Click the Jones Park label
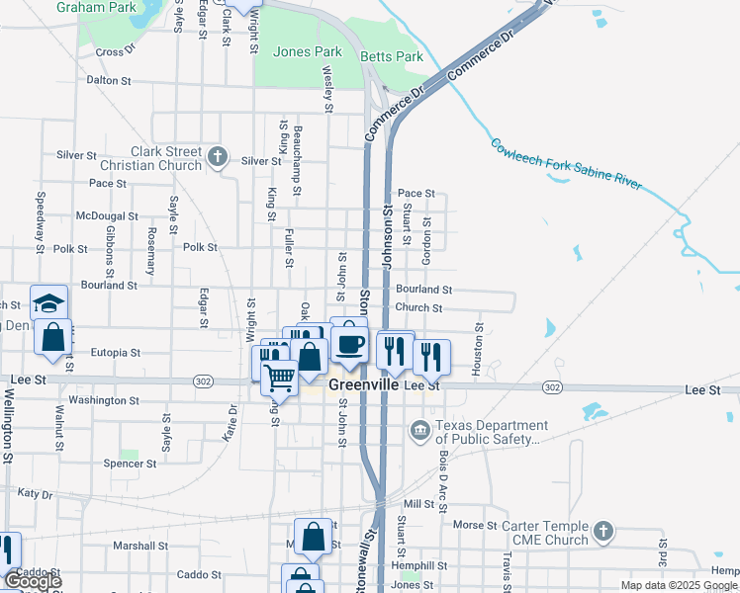[x=307, y=51]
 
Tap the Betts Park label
[x=392, y=56]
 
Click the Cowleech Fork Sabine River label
[x=567, y=163]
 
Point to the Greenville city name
[x=362, y=385]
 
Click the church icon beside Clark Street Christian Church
[x=218, y=157]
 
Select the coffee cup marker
[x=349, y=344]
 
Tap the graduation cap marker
[x=48, y=303]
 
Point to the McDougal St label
[x=107, y=215]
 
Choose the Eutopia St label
[x=116, y=352]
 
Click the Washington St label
[x=104, y=400]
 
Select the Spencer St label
[x=124, y=463]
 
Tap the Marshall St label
[x=139, y=546]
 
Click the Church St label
[x=418, y=307]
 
